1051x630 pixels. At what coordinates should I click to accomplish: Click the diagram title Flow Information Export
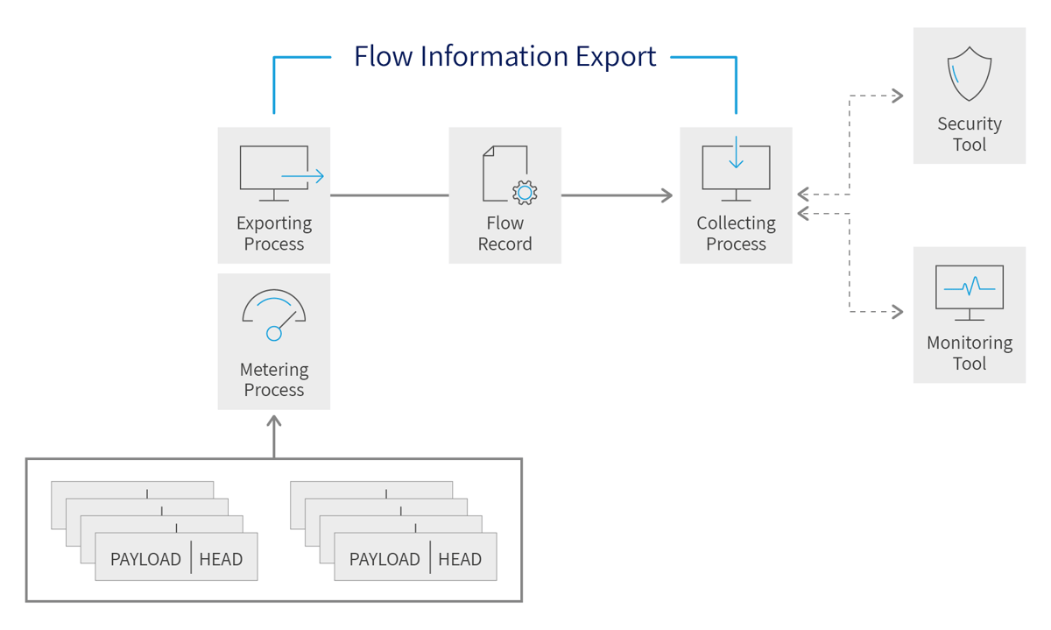pos(504,56)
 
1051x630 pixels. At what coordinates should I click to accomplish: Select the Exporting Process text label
pos(274,234)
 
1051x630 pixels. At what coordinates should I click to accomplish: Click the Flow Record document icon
pos(505,173)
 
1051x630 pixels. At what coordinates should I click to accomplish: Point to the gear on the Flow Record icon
pos(525,192)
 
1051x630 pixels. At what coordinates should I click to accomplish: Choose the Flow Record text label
pos(504,234)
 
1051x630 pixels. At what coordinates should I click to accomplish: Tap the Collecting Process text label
pos(736,234)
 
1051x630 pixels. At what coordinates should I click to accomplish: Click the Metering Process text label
pos(274,379)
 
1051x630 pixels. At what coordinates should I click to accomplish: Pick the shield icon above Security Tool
pos(969,75)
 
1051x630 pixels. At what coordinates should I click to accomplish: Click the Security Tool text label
pos(969,134)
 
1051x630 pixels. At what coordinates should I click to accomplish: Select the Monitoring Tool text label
pos(969,353)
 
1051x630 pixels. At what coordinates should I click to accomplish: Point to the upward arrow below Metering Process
pos(274,424)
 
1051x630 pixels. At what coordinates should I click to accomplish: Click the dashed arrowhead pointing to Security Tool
pos(897,96)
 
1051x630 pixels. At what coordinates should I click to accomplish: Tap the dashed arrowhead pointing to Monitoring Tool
pos(897,311)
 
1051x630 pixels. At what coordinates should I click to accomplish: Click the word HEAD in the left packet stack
pos(221,559)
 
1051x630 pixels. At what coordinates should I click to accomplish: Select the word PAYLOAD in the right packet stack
pos(384,559)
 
